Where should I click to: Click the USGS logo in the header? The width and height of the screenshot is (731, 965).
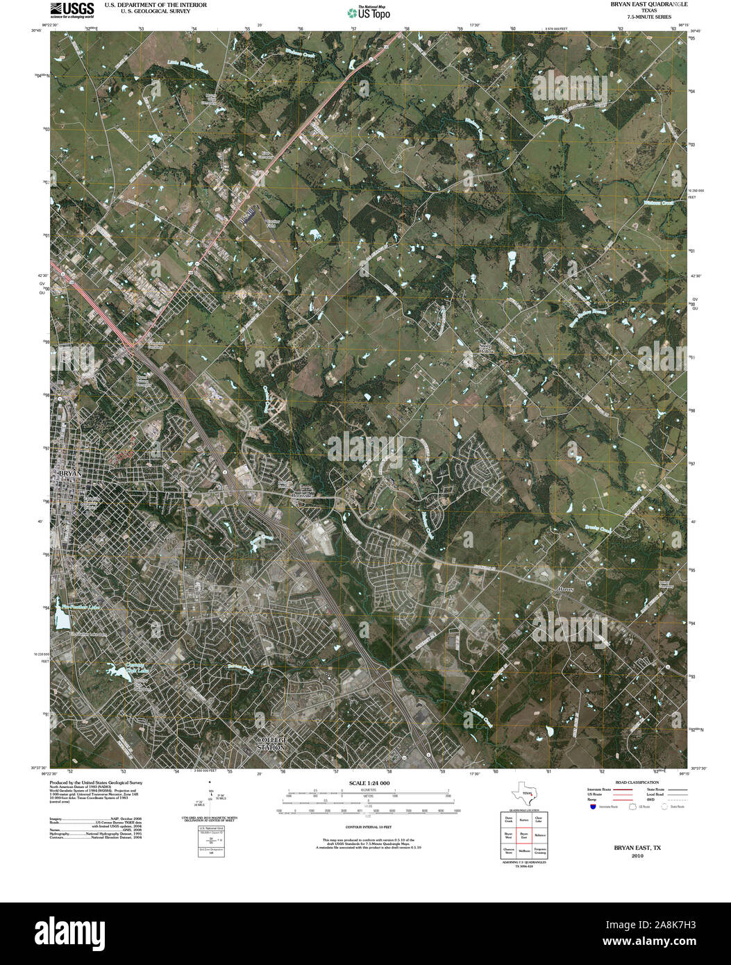pos(72,9)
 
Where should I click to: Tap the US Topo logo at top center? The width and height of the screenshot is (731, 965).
pos(369,12)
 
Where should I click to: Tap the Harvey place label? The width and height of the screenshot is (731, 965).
pos(566,589)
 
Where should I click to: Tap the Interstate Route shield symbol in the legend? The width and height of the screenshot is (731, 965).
pos(593,807)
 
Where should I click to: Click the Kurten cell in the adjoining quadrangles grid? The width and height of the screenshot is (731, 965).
pos(524,820)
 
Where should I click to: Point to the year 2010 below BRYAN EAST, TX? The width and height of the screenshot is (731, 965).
pos(637,856)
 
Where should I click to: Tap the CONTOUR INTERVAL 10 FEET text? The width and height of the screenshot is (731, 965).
pos(368,827)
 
